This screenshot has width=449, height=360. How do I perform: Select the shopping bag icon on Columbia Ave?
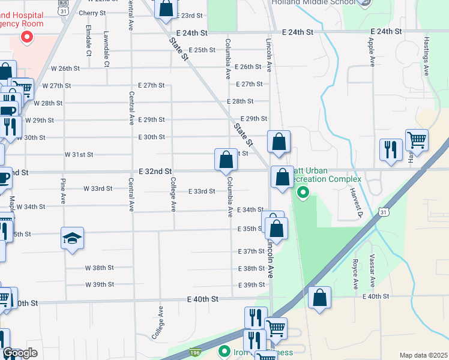coord(226,160)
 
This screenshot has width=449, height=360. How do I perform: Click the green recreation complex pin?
coord(303,193)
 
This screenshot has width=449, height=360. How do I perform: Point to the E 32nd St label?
coord(155,172)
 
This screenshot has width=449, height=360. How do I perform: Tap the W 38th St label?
coord(99,268)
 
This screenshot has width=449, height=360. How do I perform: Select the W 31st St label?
coord(79,154)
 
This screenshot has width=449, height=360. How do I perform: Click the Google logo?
coord(20,353)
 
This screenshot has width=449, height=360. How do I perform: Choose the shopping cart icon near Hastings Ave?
coord(417,140)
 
